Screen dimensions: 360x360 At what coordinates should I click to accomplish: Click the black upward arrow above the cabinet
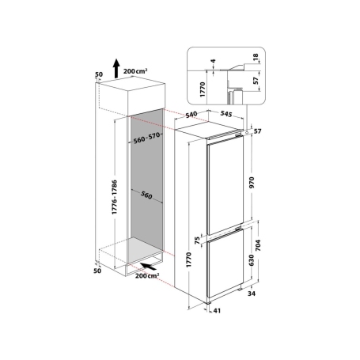pyautogui.click(x=116, y=68)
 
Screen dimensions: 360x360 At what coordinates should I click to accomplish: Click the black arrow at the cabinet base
pyautogui.click(x=148, y=267)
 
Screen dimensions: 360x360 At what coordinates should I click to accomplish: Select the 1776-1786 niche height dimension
pyautogui.click(x=115, y=197)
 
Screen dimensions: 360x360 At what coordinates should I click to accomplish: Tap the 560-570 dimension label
pyautogui.click(x=146, y=138)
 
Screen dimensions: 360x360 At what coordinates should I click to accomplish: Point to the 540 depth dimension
pyautogui.click(x=191, y=115)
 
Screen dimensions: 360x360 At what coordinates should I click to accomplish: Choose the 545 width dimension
pyautogui.click(x=226, y=114)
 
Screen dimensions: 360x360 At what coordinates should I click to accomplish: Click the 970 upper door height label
pyautogui.click(x=252, y=183)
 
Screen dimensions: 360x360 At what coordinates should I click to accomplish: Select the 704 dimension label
pyautogui.click(x=258, y=245)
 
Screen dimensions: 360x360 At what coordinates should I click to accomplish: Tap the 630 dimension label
pyautogui.click(x=252, y=260)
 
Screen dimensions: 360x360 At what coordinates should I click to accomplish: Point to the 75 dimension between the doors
pyautogui.click(x=197, y=241)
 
